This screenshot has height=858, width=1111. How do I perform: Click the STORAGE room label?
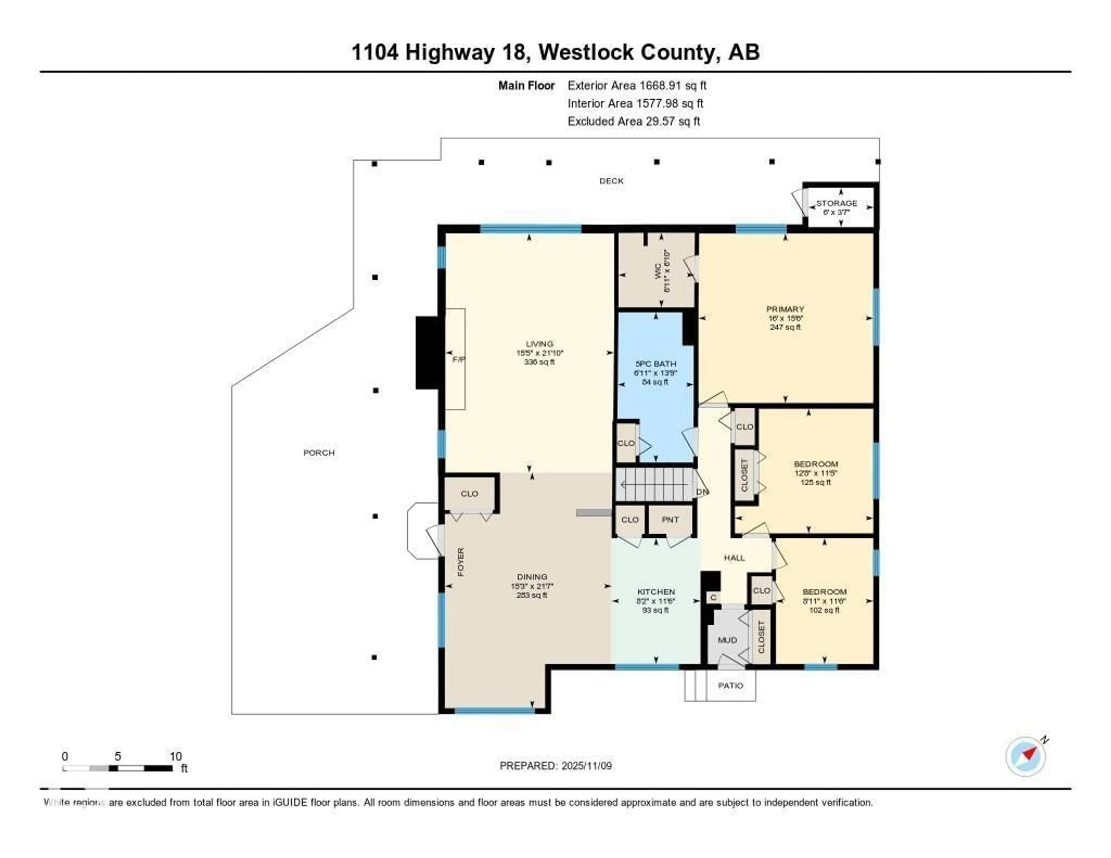tap(836, 203)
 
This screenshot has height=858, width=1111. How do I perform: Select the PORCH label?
tap(319, 453)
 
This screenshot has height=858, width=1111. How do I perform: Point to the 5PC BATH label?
tap(656, 364)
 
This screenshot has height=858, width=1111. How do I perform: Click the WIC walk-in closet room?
tap(656, 270)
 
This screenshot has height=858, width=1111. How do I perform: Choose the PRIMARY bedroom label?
tap(785, 309)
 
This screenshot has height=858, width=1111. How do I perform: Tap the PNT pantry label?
tap(670, 520)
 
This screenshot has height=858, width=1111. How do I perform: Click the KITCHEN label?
tap(656, 592)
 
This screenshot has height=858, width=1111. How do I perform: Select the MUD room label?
tap(727, 640)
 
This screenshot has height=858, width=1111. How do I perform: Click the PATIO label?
tap(731, 686)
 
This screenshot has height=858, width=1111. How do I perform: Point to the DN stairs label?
tap(702, 492)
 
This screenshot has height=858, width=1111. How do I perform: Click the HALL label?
tap(734, 558)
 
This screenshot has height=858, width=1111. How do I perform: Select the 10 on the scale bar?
tap(176, 756)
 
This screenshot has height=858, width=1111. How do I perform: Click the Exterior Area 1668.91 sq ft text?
tap(637, 85)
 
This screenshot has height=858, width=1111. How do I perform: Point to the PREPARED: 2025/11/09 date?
tap(555, 765)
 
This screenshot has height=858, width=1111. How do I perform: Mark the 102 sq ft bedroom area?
tap(824, 610)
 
